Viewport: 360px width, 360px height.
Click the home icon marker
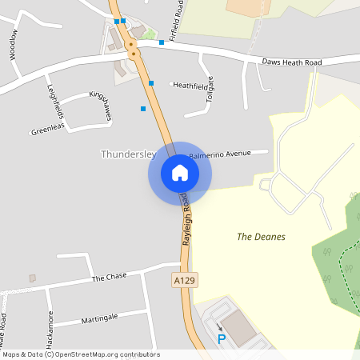tap(179, 173)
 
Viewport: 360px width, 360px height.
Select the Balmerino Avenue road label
tap(220, 152)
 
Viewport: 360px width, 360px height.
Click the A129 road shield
tap(185, 281)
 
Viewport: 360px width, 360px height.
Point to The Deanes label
tap(261, 237)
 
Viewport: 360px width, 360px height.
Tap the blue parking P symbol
tap(222, 339)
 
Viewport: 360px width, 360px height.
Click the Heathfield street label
tap(190, 85)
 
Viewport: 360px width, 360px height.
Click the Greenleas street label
tap(46, 130)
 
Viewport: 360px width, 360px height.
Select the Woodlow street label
tap(13, 45)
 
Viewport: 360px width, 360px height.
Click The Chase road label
tap(109, 278)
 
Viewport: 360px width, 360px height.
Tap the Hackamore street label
tap(50, 328)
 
